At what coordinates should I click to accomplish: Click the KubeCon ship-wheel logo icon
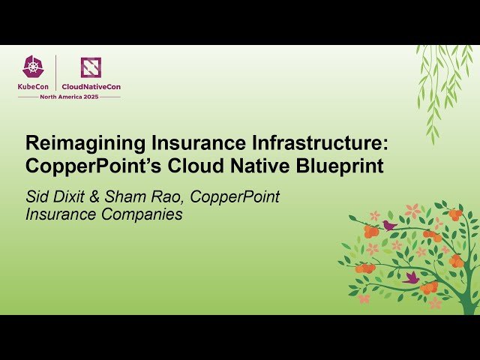click(x=33, y=67)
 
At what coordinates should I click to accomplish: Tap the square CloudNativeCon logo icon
click(x=91, y=67)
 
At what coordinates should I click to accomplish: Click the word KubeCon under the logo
click(x=34, y=86)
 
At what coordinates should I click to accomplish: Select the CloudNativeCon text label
click(x=91, y=86)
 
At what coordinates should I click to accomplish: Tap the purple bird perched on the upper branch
click(x=389, y=224)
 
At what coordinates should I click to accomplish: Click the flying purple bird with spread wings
click(x=411, y=277)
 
